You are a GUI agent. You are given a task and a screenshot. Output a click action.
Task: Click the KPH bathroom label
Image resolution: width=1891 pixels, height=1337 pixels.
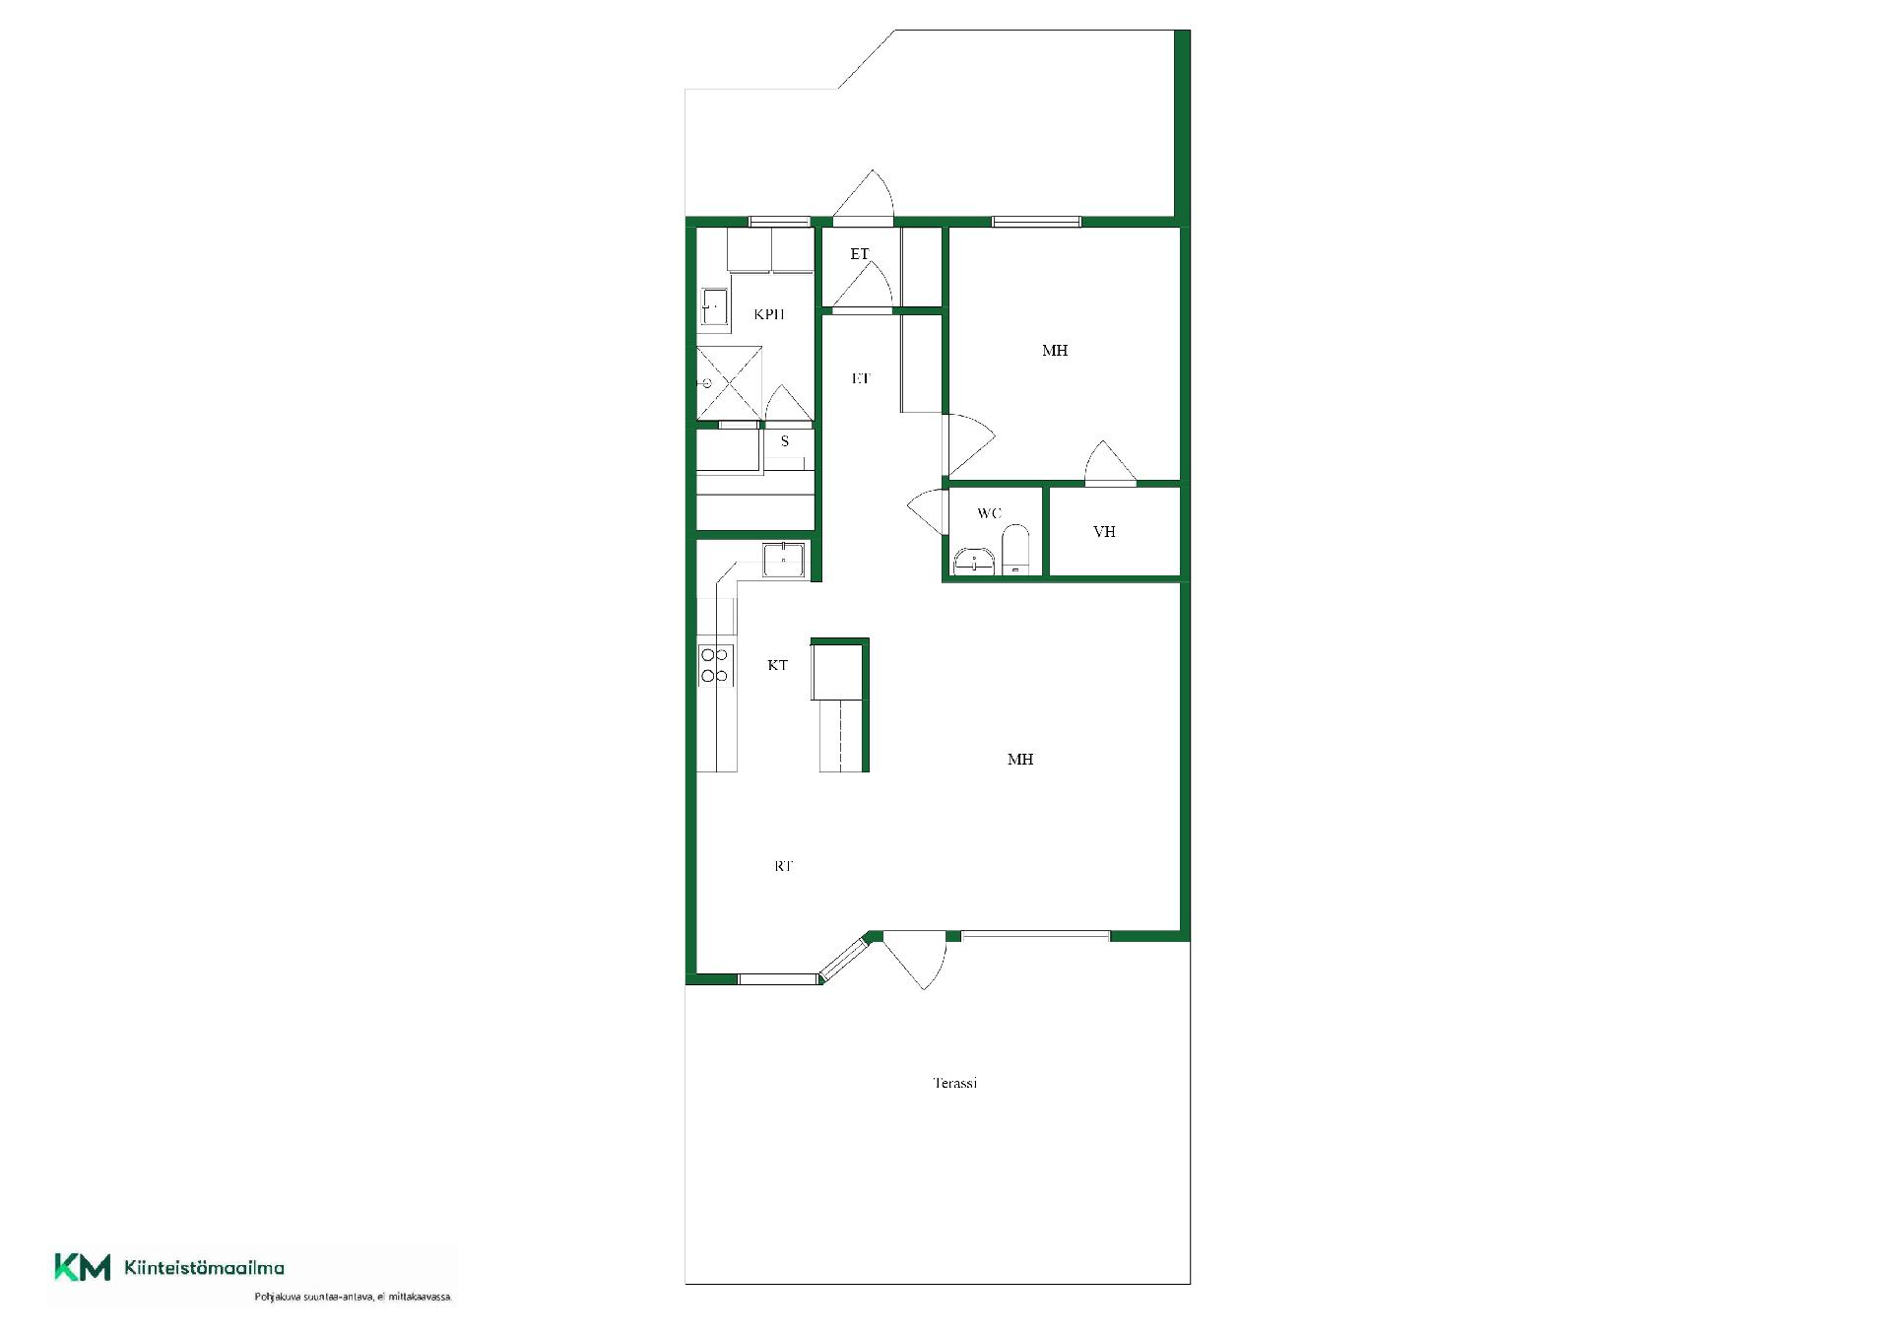pyautogui.click(x=769, y=314)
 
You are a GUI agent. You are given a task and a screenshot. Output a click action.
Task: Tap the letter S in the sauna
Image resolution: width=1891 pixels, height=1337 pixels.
pyautogui.click(x=785, y=441)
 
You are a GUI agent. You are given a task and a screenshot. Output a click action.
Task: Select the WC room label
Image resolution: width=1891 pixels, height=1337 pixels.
pyautogui.click(x=989, y=513)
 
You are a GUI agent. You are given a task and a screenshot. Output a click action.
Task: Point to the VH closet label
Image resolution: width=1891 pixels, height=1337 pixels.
pyautogui.click(x=1104, y=532)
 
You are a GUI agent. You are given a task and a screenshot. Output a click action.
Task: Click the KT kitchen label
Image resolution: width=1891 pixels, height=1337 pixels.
pyautogui.click(x=777, y=665)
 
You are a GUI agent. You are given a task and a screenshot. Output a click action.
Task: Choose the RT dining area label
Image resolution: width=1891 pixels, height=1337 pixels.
pyautogui.click(x=783, y=866)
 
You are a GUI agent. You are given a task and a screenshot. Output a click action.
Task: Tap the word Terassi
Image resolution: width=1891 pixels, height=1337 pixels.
pyautogui.click(x=955, y=1083)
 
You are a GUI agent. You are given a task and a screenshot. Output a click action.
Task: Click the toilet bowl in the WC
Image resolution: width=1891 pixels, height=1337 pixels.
pyautogui.click(x=1015, y=550)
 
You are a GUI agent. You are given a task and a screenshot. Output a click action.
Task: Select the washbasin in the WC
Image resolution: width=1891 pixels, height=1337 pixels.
pyautogui.click(x=972, y=561)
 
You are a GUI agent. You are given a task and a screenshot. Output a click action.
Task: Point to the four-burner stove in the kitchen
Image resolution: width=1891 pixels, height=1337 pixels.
pyautogui.click(x=716, y=665)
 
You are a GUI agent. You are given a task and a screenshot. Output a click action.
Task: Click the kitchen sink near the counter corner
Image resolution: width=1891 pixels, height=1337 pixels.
pyautogui.click(x=784, y=560)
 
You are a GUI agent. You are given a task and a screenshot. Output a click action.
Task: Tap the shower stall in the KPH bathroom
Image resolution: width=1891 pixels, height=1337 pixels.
pyautogui.click(x=730, y=382)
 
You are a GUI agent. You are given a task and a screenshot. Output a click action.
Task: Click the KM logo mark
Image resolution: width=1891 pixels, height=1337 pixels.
pyautogui.click(x=82, y=1267)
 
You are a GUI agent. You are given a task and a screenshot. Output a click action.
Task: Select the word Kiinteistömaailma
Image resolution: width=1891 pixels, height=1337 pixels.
pyautogui.click(x=205, y=1268)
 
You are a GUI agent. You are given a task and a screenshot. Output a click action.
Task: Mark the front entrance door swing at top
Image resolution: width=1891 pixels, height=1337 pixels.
pyautogui.click(x=864, y=194)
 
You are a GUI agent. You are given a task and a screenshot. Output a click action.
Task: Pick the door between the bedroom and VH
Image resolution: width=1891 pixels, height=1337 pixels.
pyautogui.click(x=1110, y=462)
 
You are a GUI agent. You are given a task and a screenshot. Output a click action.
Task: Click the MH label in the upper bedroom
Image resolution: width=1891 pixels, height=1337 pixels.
pyautogui.click(x=1055, y=351)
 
